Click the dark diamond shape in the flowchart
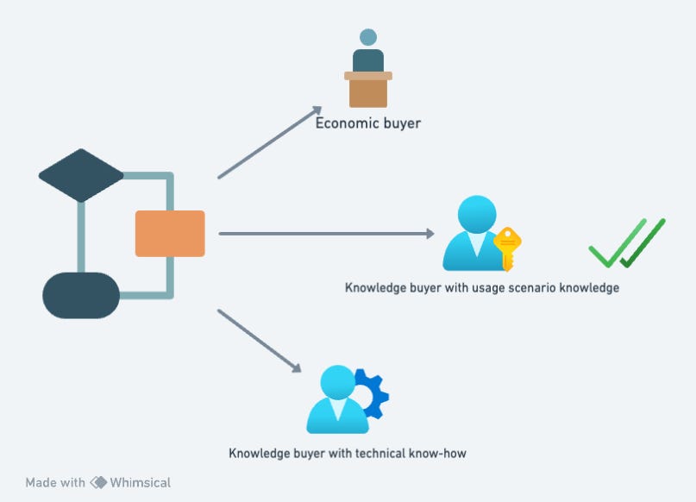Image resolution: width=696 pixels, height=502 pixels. coord(81,175)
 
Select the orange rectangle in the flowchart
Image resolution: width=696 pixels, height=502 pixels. coord(170,234)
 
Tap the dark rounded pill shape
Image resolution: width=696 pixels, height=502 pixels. coord(81,295)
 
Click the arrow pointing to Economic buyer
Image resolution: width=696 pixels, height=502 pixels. coord(269,142)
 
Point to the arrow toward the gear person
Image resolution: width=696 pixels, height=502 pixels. coord(260,341)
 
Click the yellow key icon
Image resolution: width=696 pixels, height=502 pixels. coord(508,248)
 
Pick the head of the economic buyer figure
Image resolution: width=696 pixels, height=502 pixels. coord(368,37)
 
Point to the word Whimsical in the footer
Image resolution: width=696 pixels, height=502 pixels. coord(141,483)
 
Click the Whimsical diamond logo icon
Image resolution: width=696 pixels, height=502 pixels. coord(98,483)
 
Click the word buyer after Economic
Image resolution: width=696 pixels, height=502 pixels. coord(402,123)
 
